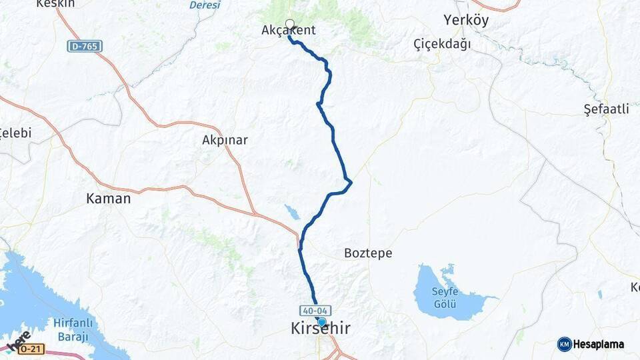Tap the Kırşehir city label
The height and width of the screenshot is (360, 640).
click(320, 329)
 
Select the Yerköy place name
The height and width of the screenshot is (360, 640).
click(466, 20)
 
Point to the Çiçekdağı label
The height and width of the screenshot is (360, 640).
click(442, 44)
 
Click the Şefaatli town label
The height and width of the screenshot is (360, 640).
click(606, 109)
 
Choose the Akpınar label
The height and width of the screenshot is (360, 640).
click(225, 140)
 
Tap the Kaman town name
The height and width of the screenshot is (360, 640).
click(109, 198)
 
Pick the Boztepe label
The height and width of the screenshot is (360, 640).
click(368, 253)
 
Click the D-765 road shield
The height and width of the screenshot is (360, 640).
click(85, 46)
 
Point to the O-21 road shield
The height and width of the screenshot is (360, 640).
click(31, 349)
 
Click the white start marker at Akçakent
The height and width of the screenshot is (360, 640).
click(289, 24)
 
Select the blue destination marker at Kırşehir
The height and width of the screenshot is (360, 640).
click(322, 322)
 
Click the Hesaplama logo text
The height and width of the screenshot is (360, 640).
click(599, 345)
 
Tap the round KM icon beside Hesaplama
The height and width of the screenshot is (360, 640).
click(565, 344)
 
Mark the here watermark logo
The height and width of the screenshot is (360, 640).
click(18, 340)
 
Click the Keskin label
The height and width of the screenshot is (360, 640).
click(54, 3)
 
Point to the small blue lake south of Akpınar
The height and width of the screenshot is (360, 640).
click(292, 212)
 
